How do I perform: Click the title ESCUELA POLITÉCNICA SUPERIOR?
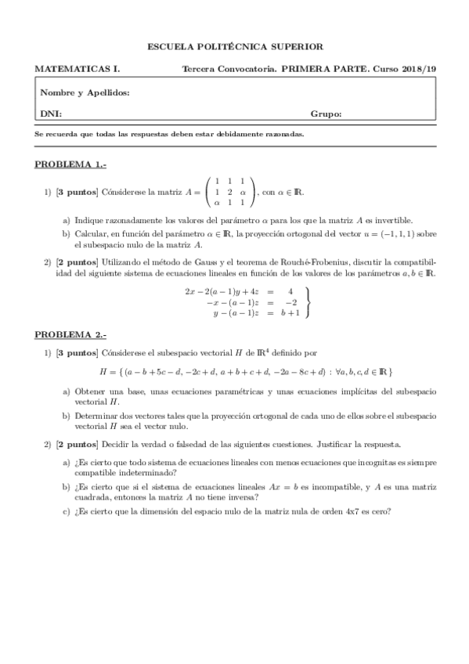[x=235, y=47]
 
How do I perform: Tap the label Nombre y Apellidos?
[x=83, y=92]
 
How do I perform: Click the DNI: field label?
[x=51, y=114]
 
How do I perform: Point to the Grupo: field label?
[x=326, y=114]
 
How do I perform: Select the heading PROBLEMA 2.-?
[x=70, y=334]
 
